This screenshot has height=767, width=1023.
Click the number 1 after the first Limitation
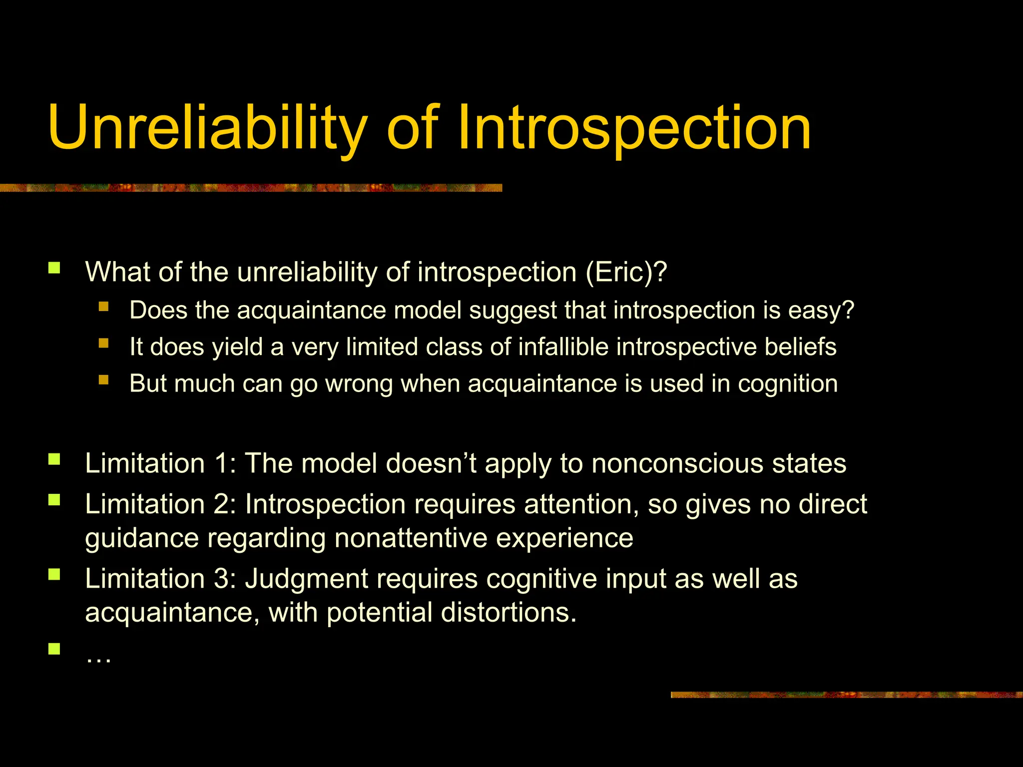[222, 463]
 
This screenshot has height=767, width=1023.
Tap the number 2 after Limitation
[222, 504]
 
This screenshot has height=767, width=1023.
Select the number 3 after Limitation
[222, 579]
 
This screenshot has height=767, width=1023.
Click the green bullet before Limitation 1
[54, 459]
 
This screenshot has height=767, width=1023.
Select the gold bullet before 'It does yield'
[103, 343]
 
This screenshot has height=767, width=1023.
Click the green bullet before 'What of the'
[54, 269]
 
